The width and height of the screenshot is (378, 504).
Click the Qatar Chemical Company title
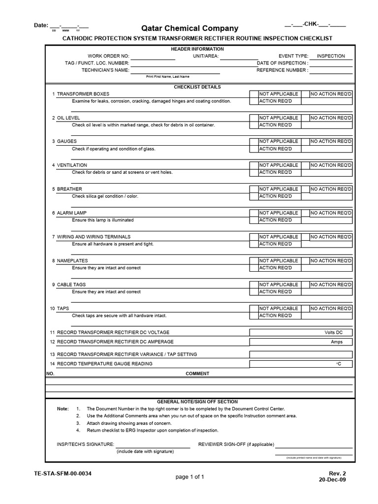(189, 29)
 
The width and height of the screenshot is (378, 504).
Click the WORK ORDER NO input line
(153, 57)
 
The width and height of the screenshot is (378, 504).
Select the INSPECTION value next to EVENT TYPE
(331, 56)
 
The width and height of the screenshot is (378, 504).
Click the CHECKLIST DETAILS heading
(197, 87)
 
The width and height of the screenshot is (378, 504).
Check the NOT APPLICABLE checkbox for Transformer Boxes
(254, 94)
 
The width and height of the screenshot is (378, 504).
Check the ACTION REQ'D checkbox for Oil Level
(254, 125)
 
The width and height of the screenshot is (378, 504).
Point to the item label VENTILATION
(72, 165)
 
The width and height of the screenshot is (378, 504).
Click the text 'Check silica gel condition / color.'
(105, 196)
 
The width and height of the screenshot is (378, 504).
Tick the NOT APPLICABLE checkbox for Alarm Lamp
(254, 213)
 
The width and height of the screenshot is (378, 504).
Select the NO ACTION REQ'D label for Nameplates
(331, 261)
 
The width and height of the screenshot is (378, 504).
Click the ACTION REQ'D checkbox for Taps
(254, 315)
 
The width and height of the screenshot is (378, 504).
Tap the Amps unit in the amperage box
(337, 342)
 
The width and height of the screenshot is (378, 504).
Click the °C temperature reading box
(301, 364)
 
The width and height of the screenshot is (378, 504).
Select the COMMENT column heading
(197, 374)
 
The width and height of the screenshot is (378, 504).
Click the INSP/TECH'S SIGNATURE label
(85, 444)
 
